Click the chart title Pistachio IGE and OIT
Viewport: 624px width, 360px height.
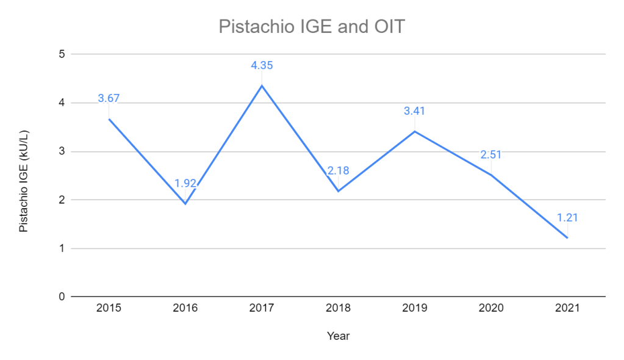coord(311,27)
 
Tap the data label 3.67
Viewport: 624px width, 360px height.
coord(109,98)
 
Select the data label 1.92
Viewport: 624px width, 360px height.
coord(185,183)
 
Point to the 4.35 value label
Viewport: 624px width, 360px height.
coord(262,65)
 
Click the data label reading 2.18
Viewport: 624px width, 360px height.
coord(338,170)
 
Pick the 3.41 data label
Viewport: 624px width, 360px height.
coord(414,111)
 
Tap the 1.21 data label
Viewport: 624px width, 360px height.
coord(567,217)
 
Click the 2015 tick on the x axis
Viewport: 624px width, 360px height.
coord(109,308)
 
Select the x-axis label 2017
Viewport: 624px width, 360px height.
coord(262,308)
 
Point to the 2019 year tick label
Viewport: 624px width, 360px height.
coord(414,308)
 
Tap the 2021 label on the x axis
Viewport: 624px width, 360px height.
coord(567,308)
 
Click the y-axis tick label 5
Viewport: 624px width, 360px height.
coord(62,54)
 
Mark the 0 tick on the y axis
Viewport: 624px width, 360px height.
coord(62,297)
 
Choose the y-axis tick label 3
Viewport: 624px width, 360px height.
coord(62,151)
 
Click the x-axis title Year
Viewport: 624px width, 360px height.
coord(338,336)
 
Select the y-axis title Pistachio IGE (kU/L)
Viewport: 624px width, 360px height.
coord(24,181)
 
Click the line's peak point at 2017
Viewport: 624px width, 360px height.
coord(262,85)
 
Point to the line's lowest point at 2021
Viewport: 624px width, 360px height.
coord(567,238)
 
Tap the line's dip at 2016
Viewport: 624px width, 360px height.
coord(185,203)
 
